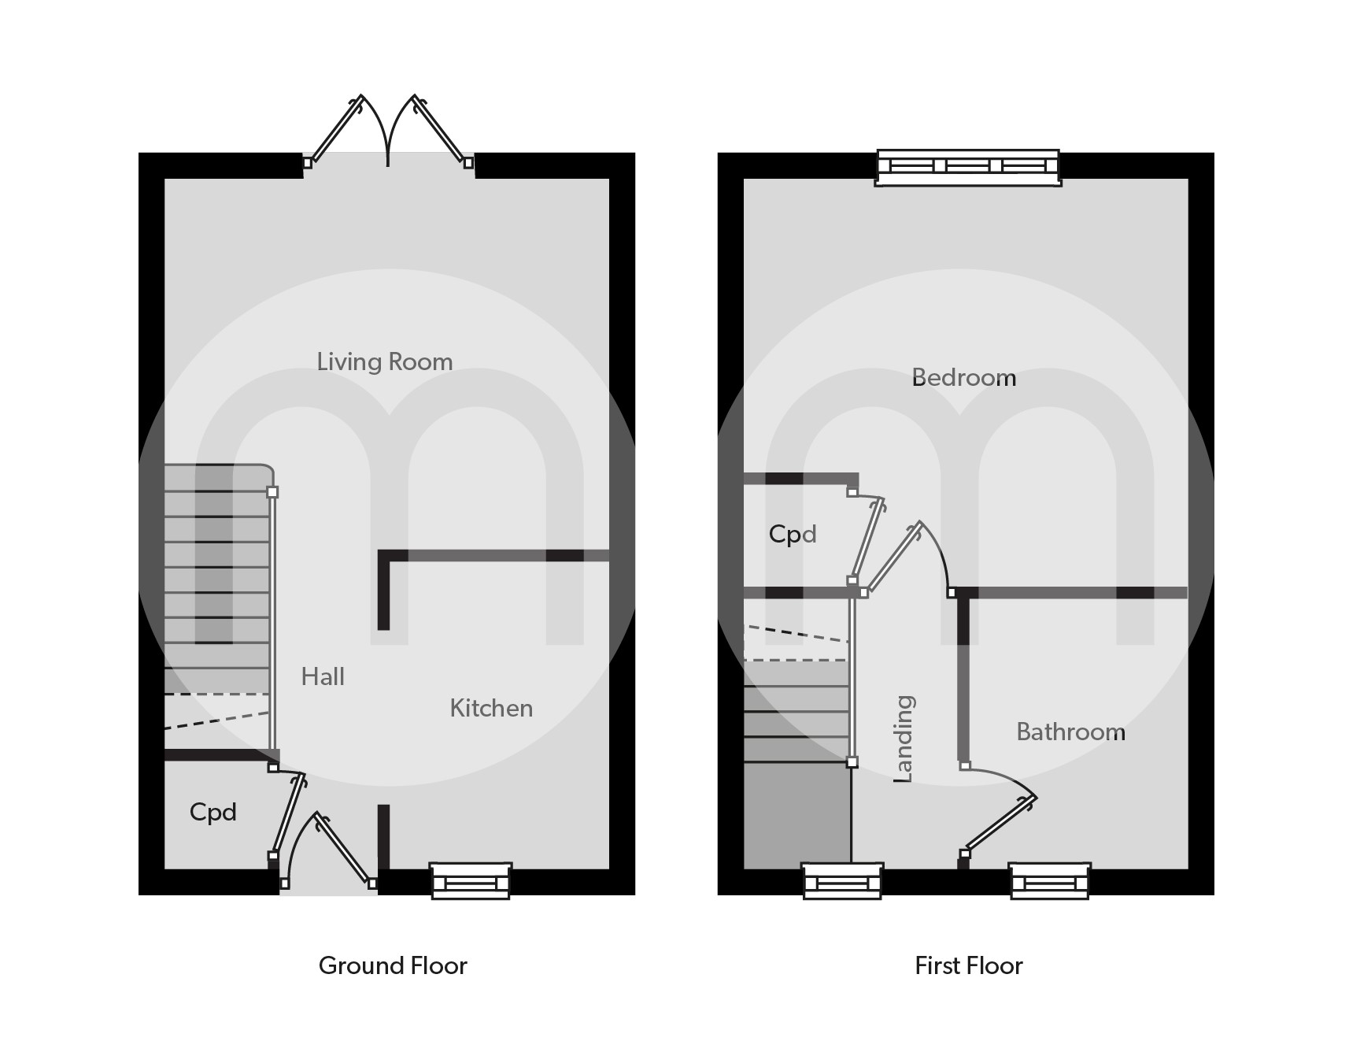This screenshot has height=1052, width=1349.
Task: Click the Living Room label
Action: pos(385,362)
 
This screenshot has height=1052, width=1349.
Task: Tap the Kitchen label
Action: pos(491,709)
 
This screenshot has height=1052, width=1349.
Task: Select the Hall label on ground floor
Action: pos(323,677)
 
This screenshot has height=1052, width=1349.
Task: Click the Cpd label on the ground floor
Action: pos(213,813)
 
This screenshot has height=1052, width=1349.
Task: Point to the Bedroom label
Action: pos(964,378)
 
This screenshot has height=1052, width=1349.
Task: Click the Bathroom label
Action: pos(1070,732)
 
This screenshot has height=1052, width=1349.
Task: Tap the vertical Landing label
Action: pos(904,739)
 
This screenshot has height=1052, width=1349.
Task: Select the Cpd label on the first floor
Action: pos(793,535)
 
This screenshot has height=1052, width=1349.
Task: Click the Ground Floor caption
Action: pos(393,966)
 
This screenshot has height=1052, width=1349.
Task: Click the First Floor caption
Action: pos(968,966)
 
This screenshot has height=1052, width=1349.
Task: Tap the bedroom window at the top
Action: pos(968,167)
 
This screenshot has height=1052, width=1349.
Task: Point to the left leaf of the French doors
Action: pos(336,129)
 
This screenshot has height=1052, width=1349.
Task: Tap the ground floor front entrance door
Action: pos(344,849)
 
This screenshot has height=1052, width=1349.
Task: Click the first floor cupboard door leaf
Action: pos(868,539)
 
